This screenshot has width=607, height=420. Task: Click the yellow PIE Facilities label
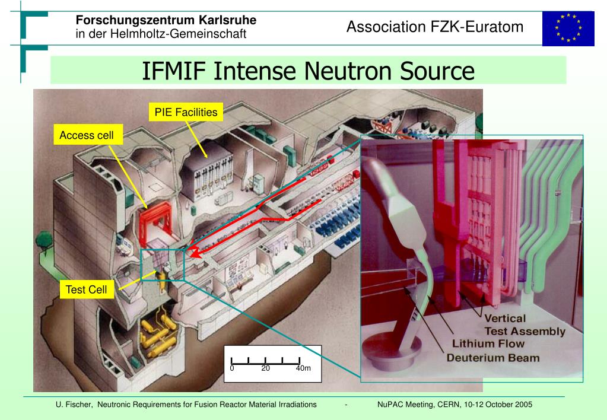coord(186,112)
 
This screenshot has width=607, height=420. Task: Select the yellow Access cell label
coord(86,135)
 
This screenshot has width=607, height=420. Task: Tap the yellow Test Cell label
coord(87,289)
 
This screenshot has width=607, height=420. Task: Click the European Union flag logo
coord(568,28)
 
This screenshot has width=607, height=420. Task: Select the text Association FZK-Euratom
coord(435,27)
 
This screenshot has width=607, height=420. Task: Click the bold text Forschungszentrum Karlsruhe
coord(166,20)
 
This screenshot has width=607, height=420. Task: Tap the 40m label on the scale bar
coord(303,368)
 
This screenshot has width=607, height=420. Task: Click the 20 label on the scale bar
coord(265,368)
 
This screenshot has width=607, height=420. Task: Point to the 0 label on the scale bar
coord(233,368)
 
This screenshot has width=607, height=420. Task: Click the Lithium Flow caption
coord(488,343)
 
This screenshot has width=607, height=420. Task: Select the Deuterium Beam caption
coord(492,358)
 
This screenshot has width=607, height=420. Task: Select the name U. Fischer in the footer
coord(74,405)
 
